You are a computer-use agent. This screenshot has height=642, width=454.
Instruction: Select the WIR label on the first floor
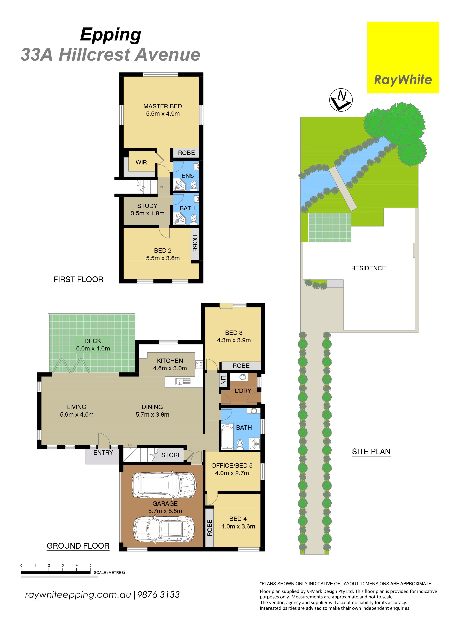pos(141,162)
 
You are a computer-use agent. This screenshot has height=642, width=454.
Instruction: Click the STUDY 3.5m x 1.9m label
pos(147,209)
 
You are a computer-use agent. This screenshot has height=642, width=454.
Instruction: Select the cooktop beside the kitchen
pos(199,364)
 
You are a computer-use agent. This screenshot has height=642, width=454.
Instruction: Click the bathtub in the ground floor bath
pos(227,437)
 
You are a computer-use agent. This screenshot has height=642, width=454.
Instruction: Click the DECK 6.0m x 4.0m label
pos(93,345)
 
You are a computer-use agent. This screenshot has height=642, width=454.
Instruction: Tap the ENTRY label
pos(103,452)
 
